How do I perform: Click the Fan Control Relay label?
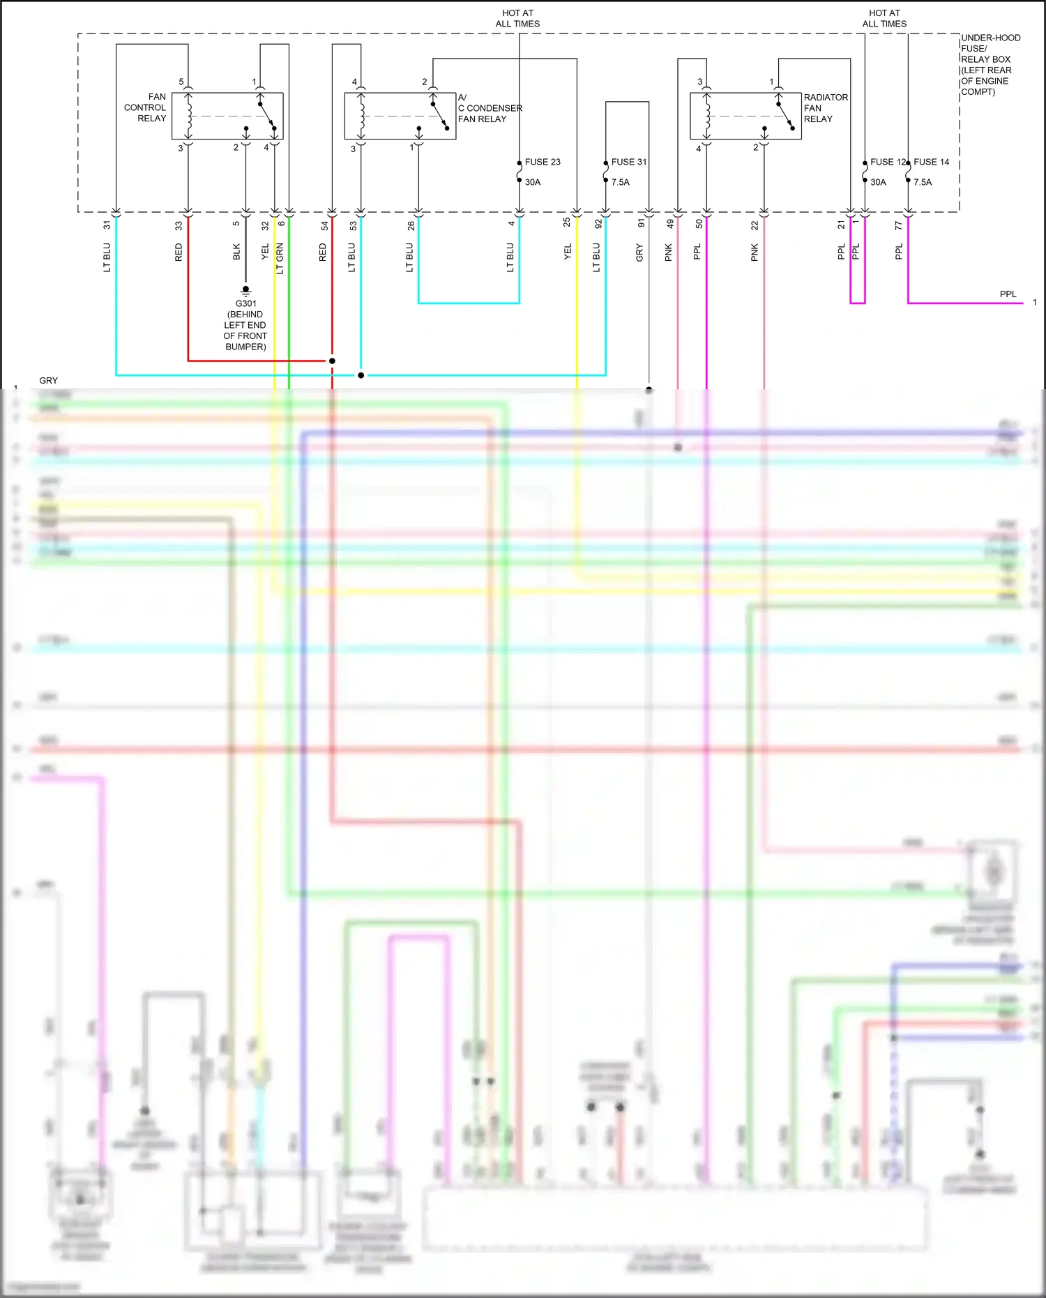[x=146, y=107]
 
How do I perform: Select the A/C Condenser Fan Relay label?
[x=490, y=108]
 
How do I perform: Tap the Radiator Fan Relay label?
[x=825, y=108]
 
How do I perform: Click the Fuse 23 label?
[x=542, y=162]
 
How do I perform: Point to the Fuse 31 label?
[x=628, y=162]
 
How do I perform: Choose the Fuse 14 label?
[x=931, y=162]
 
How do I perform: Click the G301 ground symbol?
[x=245, y=290]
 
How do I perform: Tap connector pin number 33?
[x=179, y=225]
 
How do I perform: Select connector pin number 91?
[x=641, y=224]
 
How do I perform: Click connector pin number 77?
[x=898, y=225]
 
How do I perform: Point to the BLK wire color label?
[x=236, y=252]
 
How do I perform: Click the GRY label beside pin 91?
[x=639, y=253]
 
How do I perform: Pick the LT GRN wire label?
[x=280, y=258]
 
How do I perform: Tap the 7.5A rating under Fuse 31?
[x=620, y=182]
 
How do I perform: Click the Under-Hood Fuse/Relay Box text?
[x=990, y=64]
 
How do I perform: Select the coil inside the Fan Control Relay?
[x=188, y=116]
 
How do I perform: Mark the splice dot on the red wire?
[x=332, y=361]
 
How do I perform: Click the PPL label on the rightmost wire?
[x=1008, y=294]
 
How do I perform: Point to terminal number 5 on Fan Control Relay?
[x=181, y=82]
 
